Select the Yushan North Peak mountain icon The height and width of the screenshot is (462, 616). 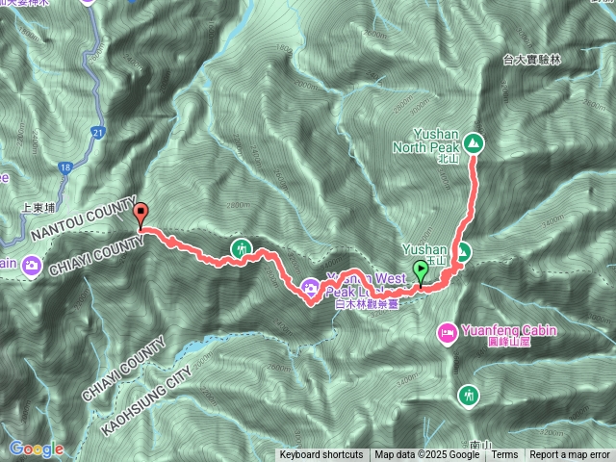point(474,143)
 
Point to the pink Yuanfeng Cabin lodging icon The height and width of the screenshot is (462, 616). point(448,333)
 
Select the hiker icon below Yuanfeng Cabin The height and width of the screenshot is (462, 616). point(469,395)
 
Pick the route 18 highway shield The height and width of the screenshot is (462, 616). point(64,167)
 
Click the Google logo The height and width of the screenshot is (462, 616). point(36,449)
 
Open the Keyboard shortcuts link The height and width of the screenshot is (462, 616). point(321,455)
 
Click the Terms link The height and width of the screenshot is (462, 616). point(504,455)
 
